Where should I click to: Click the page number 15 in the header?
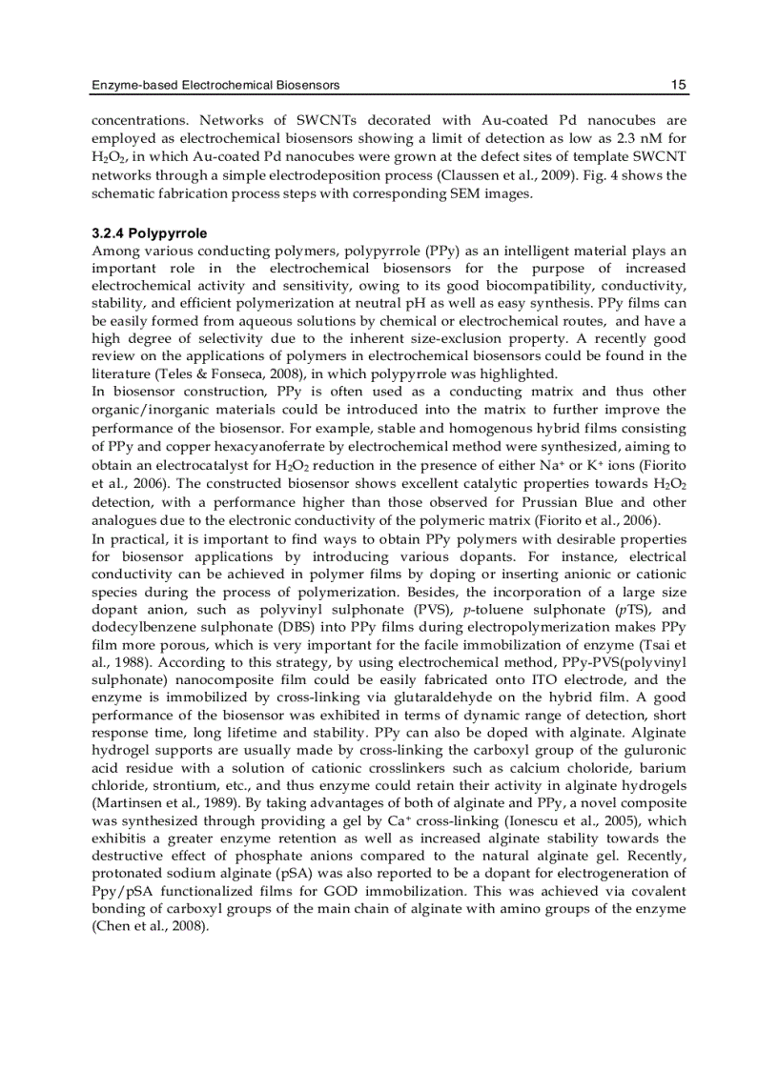(678, 86)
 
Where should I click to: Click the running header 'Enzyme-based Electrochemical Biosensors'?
(215, 86)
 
